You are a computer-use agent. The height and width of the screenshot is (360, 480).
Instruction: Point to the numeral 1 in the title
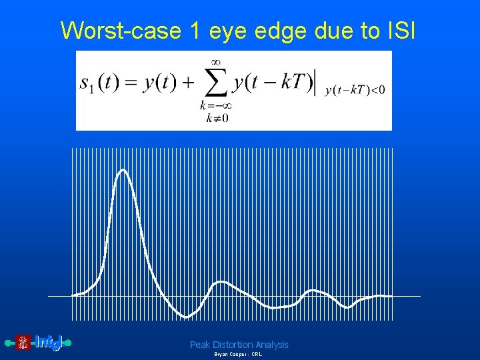tap(192, 31)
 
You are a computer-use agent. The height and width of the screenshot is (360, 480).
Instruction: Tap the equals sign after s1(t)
tap(132, 83)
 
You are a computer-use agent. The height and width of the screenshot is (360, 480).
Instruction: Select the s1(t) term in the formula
tap(100, 83)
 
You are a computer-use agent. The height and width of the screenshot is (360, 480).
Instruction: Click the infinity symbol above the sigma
tap(216, 61)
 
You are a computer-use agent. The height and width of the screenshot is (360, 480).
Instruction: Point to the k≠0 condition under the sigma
tap(216, 119)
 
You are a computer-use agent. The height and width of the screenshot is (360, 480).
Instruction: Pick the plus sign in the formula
tap(187, 83)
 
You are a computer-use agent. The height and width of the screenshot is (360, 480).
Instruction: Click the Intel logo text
tap(48, 343)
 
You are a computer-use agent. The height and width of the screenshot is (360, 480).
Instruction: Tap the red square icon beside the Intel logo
tap(23, 343)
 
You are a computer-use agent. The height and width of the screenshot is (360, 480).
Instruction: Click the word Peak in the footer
tap(201, 345)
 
